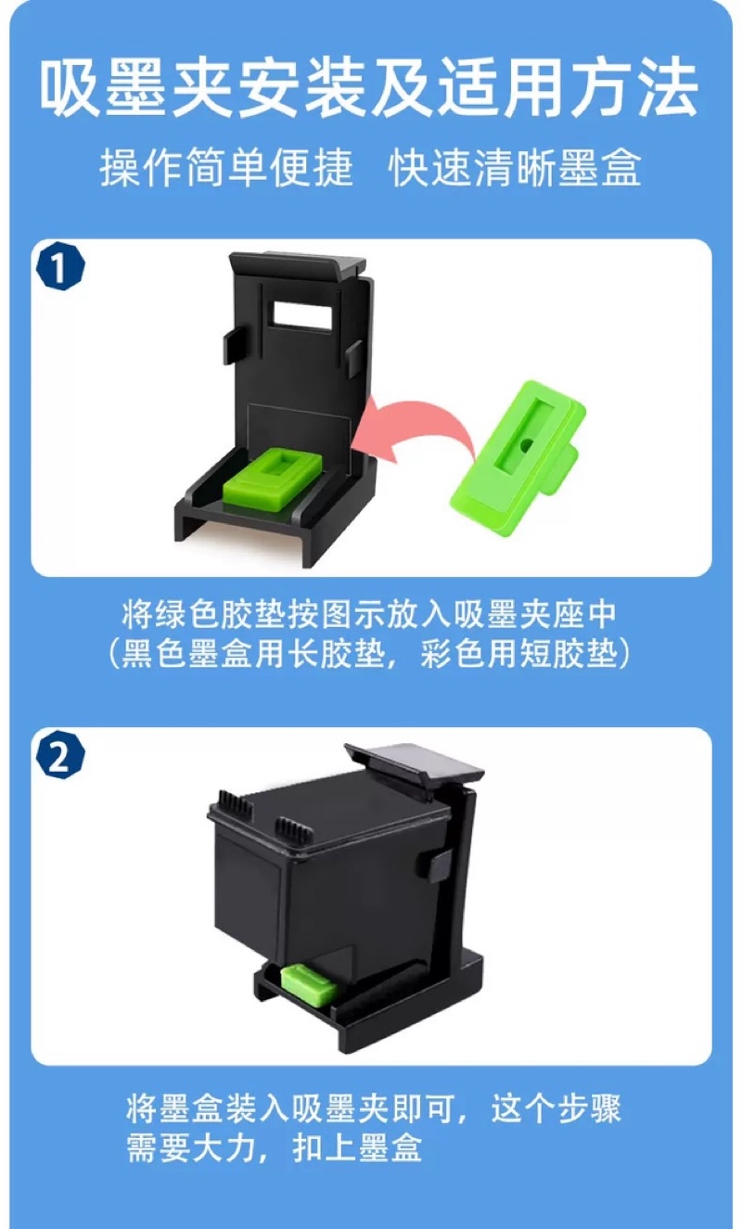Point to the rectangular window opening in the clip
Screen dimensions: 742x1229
click(303, 316)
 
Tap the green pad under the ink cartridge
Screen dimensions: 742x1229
click(308, 984)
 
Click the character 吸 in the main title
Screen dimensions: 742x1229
click(71, 88)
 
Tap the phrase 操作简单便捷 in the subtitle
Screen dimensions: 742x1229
click(226, 167)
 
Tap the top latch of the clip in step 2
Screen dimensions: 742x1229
click(415, 764)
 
